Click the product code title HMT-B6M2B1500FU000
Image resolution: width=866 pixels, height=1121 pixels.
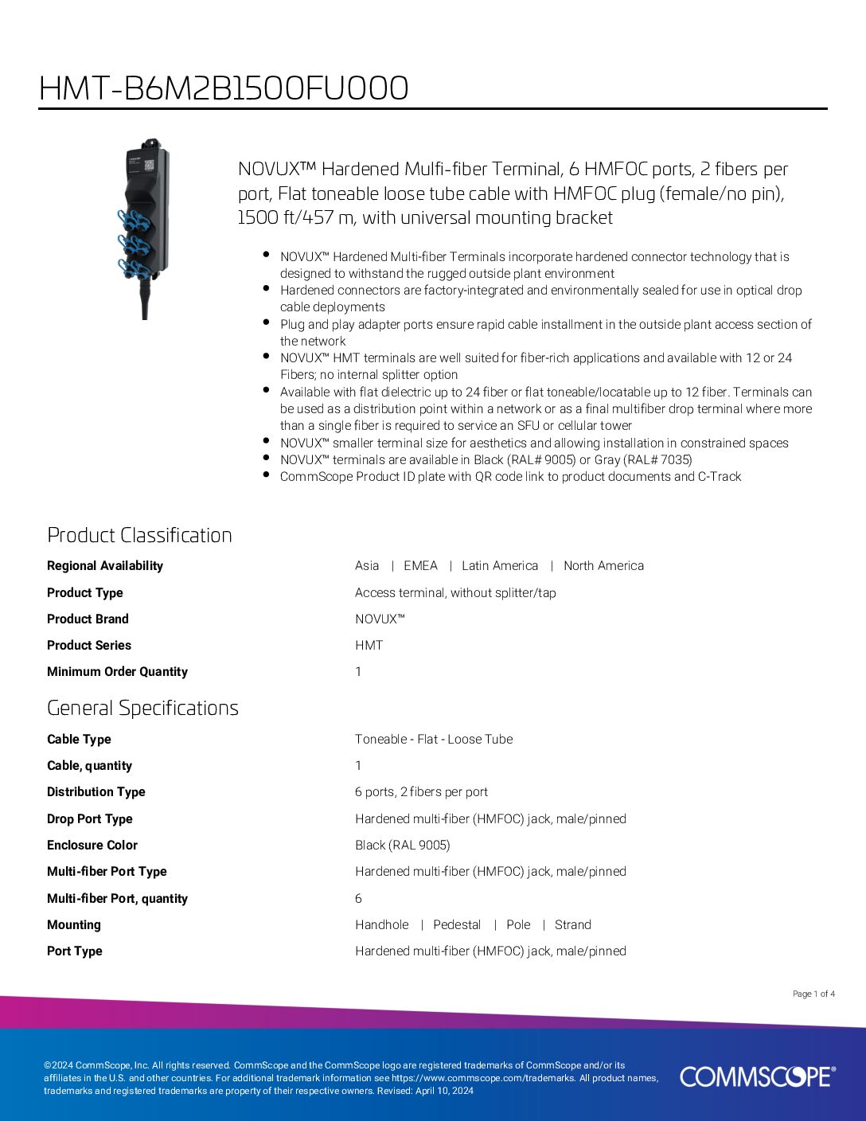click(x=224, y=88)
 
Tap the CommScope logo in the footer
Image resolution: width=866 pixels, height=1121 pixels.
click(x=757, y=1076)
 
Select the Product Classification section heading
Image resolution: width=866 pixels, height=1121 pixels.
click(x=139, y=535)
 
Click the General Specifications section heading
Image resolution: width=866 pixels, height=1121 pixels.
click(x=142, y=708)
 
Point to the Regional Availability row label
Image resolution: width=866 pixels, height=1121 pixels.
click(x=105, y=566)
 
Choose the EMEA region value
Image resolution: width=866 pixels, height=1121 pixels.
click(x=420, y=566)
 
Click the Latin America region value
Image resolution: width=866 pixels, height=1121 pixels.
click(x=500, y=566)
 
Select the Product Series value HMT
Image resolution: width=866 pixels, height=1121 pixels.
click(x=369, y=646)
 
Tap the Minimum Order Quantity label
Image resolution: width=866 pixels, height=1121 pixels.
click(x=117, y=672)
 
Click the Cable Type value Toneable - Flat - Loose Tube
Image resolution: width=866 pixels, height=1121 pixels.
click(x=434, y=740)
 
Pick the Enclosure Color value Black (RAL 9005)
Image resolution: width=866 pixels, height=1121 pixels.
click(x=403, y=846)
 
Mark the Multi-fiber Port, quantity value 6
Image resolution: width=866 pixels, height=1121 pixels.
click(x=358, y=899)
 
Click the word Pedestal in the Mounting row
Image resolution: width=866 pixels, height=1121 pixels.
click(x=457, y=925)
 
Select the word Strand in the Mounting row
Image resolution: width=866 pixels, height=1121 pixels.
click(x=573, y=925)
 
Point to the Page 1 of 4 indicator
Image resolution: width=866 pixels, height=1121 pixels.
click(x=813, y=994)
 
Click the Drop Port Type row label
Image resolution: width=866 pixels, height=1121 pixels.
click(x=90, y=819)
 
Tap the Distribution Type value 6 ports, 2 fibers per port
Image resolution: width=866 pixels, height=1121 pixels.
click(x=421, y=792)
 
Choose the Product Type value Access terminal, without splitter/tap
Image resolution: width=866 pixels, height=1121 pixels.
click(x=455, y=593)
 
